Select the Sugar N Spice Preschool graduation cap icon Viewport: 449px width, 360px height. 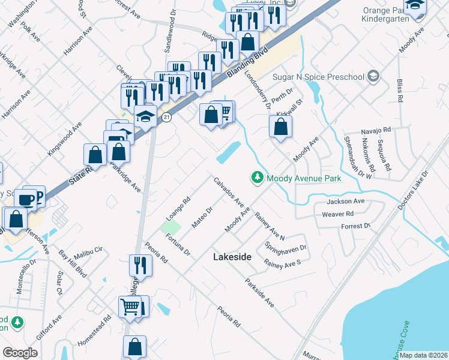click(373, 76)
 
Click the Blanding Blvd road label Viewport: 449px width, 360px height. click(247, 65)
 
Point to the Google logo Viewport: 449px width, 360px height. click(20, 352)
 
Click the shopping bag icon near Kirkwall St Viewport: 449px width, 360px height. click(280, 127)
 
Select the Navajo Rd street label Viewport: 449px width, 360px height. click(376, 130)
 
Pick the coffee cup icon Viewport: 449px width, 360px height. click(26, 199)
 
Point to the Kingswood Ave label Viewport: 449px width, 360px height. click(64, 139)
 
